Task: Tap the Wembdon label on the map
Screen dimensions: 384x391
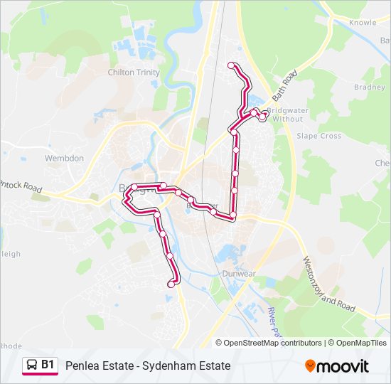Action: point(64,158)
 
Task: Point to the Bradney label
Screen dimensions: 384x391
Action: point(369,87)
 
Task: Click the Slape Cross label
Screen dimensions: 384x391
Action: point(319,136)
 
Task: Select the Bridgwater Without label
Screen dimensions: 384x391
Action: point(287,115)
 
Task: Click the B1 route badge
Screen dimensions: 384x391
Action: point(48,365)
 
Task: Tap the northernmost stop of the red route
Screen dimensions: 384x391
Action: point(230,65)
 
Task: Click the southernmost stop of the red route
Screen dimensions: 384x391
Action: point(171,284)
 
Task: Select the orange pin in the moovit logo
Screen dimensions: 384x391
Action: point(311,366)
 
